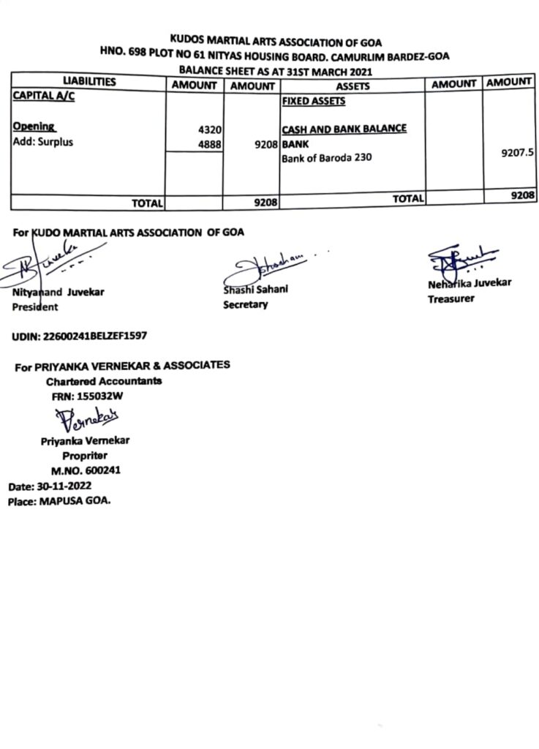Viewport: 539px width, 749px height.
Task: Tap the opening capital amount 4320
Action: click(x=208, y=129)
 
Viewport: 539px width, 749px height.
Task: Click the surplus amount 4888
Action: click(x=208, y=143)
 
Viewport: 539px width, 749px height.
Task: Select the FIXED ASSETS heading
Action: click(x=313, y=102)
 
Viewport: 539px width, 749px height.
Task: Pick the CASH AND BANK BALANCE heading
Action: click(x=344, y=129)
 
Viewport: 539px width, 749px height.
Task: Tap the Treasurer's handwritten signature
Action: click(x=457, y=260)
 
